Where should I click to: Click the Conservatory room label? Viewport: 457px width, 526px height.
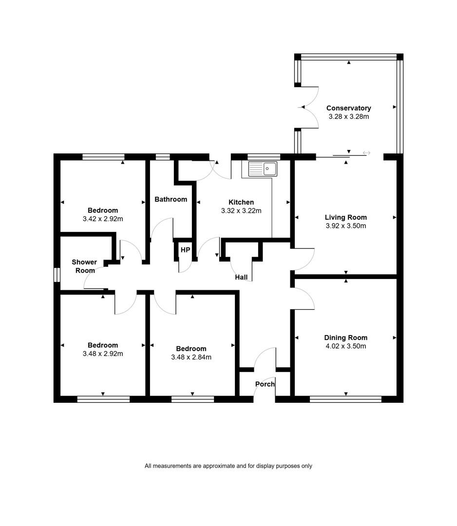(x=349, y=108)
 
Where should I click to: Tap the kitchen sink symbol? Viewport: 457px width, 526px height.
(x=263, y=169)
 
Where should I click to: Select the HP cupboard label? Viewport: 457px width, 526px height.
(x=185, y=250)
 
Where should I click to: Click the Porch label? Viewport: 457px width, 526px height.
(x=265, y=384)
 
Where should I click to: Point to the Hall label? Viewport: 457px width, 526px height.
(x=241, y=277)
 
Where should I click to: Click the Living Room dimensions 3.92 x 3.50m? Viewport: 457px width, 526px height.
(x=346, y=226)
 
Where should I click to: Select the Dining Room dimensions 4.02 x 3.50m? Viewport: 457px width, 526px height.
(x=346, y=346)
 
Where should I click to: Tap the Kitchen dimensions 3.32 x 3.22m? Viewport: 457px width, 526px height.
(x=241, y=211)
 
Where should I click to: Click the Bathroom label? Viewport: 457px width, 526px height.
(x=171, y=199)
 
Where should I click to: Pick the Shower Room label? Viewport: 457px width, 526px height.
(x=85, y=266)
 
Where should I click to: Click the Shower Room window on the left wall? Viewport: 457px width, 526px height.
(x=57, y=275)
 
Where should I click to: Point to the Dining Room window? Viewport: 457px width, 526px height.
(x=345, y=399)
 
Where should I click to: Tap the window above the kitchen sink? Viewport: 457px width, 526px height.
(x=264, y=157)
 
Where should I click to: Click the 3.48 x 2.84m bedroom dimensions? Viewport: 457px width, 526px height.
(x=191, y=357)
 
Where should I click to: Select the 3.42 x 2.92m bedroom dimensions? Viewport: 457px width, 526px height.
(x=103, y=219)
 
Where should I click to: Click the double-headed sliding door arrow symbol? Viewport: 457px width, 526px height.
(x=366, y=153)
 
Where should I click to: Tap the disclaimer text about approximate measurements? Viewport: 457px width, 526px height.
(x=228, y=466)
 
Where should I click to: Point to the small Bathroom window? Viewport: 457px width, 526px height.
(x=163, y=157)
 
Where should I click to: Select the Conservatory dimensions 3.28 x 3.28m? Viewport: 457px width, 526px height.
(x=349, y=117)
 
